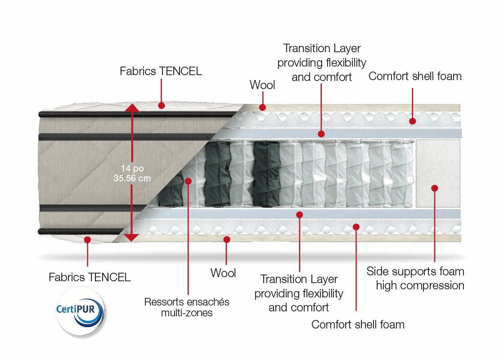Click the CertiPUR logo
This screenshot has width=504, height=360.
coord(81,310)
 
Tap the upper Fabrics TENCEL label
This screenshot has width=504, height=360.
coord(161,71)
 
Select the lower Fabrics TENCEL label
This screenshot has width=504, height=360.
coord(90,277)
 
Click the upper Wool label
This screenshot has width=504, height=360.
coord(262,85)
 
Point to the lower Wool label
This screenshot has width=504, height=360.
coord(223,273)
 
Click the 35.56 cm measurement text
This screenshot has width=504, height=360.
coord(132,178)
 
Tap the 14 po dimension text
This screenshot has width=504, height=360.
coord(132,168)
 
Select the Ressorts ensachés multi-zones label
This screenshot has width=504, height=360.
coord(187,307)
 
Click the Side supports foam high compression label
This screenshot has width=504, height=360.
coord(415,278)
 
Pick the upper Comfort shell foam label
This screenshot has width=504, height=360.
coord(415,76)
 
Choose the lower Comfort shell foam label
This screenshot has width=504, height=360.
coord(358,324)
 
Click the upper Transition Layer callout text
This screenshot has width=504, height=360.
coord(322,63)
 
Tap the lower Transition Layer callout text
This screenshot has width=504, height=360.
coord(299,293)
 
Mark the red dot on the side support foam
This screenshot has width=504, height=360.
coord(434,188)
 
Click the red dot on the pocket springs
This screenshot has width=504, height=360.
coord(188,181)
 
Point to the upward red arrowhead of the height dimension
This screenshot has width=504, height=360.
coord(132,107)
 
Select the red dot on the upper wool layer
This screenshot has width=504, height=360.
coord(262,107)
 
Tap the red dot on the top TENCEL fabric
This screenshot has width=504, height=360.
coord(161,105)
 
